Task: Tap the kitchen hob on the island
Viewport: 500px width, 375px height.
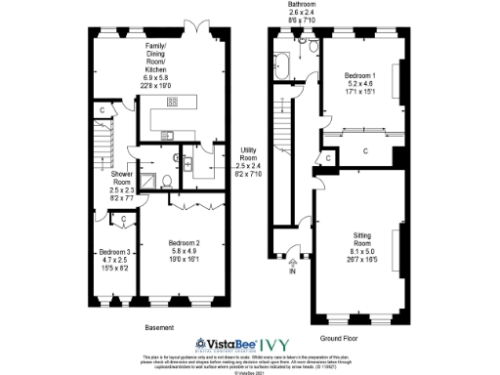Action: [172, 101]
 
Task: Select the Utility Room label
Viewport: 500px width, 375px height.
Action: [250, 156]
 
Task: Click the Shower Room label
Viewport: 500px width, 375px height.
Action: [121, 184]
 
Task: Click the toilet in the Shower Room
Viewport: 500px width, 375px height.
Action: [167, 180]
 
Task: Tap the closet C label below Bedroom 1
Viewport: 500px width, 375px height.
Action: [364, 151]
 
